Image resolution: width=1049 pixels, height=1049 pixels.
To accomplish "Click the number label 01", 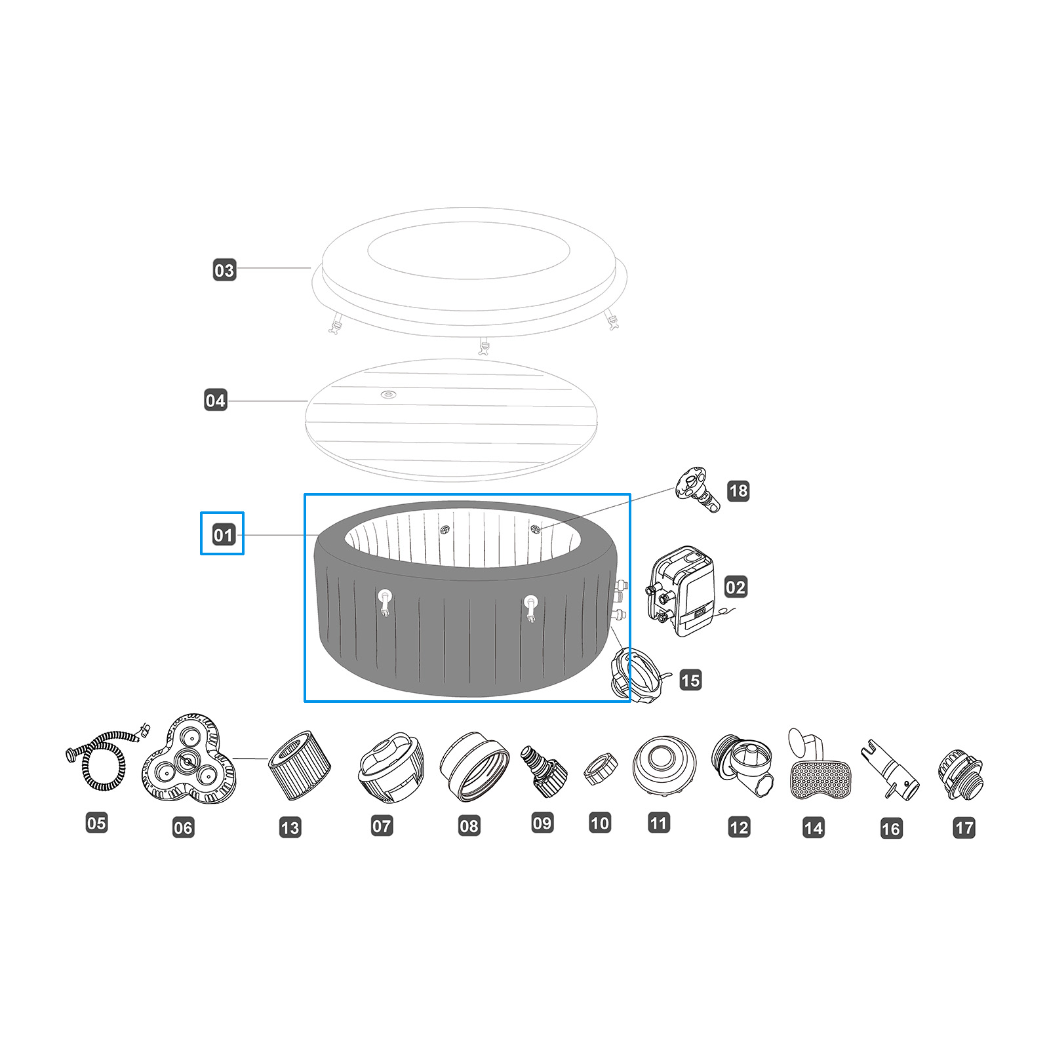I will click(223, 535).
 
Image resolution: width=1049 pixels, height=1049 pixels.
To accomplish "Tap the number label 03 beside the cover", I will click(224, 270).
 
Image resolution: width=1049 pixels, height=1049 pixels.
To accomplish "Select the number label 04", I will click(215, 401).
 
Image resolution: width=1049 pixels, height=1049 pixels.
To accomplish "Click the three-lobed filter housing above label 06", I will click(188, 760).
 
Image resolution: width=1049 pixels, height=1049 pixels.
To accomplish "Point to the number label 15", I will click(690, 680).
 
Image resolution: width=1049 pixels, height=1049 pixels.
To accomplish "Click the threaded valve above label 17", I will click(960, 774).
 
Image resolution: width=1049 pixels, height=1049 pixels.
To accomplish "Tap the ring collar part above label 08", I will click(474, 766).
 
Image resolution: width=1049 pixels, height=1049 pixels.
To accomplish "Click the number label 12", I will click(739, 827).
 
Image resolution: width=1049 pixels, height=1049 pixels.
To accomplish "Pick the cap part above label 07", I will click(389, 767).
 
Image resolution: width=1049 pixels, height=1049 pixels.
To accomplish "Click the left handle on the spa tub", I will click(385, 601).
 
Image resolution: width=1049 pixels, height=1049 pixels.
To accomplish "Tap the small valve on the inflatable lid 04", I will click(389, 395).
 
